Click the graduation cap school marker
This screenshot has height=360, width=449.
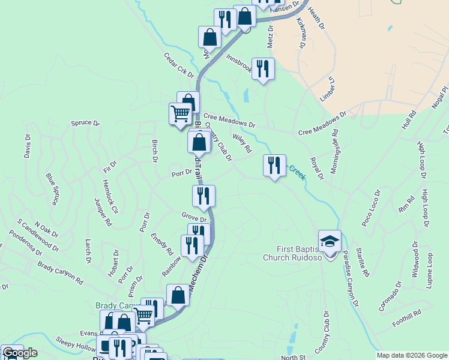pyautogui.click(x=330, y=241)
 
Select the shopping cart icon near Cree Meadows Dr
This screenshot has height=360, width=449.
pyautogui.click(x=179, y=113)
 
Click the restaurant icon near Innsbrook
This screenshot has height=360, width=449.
pyautogui.click(x=263, y=68)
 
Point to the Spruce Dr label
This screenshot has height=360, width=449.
pyautogui.click(x=85, y=123)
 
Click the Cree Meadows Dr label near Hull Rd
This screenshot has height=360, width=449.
pyautogui.click(x=322, y=122)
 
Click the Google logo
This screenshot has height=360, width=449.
pyautogui.click(x=20, y=353)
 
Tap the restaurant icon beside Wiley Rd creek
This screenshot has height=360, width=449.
pyautogui.click(x=274, y=165)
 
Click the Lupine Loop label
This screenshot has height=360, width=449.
pyautogui.click(x=429, y=271)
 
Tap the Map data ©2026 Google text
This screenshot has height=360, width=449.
pyautogui.click(x=412, y=355)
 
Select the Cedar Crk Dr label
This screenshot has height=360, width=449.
pyautogui.click(x=179, y=65)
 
